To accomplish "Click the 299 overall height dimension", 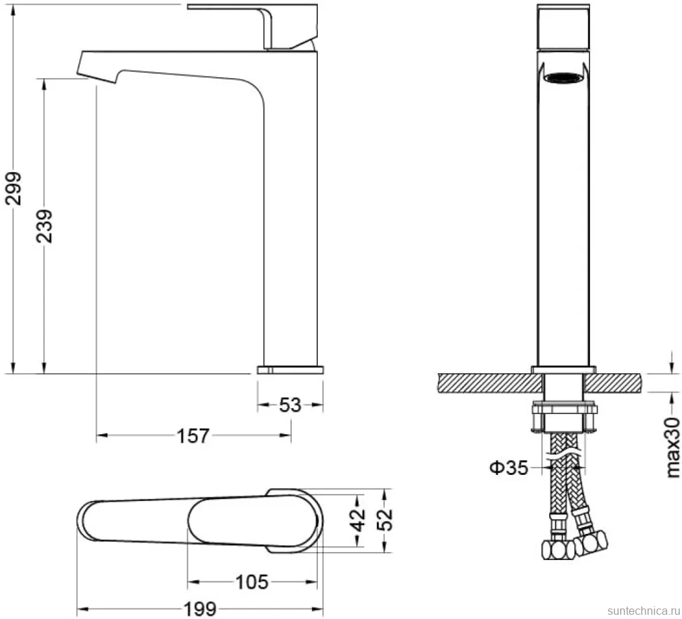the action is point(13,188).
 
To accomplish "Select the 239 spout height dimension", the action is point(44,226).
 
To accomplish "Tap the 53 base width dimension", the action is point(290,405).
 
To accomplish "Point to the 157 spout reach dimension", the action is point(193,435).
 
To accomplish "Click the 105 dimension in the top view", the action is point(252,582).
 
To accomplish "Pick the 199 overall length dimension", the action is point(200,609).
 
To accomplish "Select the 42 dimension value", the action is point(359,519).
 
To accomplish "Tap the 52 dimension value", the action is point(385,519).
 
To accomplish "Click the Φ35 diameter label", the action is point(509,468).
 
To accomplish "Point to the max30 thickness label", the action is point(672,448).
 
